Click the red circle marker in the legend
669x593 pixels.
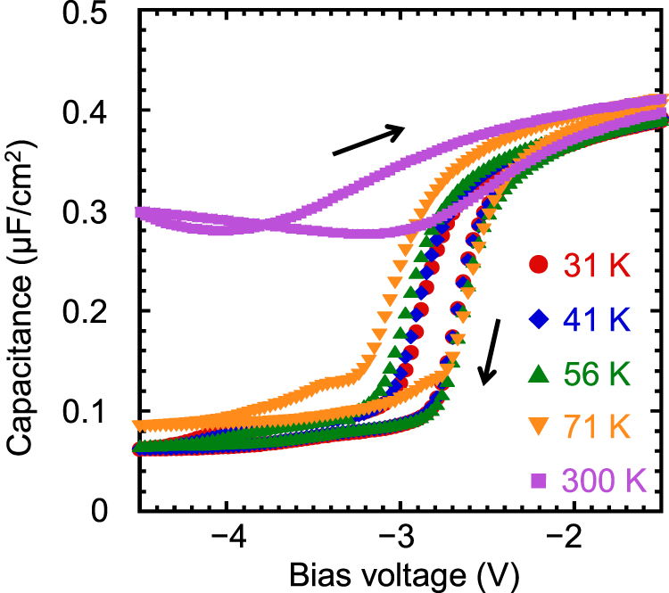(536, 264)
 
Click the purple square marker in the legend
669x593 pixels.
(536, 482)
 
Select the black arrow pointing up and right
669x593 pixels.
(368, 140)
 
